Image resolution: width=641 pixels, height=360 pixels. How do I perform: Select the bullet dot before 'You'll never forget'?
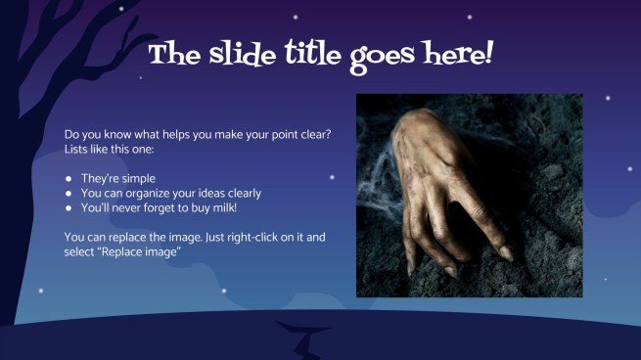[x=69, y=208]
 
